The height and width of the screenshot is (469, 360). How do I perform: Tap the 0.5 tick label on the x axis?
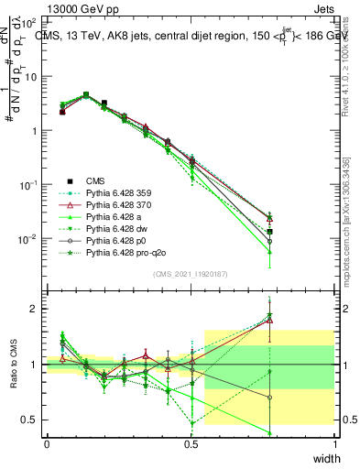(x=191, y=442)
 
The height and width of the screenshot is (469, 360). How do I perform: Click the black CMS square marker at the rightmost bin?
(x=269, y=232)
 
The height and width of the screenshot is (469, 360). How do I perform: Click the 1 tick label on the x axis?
(x=334, y=442)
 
